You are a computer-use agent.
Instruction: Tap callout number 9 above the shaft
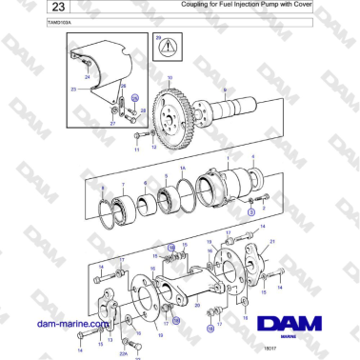224,87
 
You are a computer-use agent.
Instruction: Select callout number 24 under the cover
87,75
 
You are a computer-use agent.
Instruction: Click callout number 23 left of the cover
72,89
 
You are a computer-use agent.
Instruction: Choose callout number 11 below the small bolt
136,150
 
